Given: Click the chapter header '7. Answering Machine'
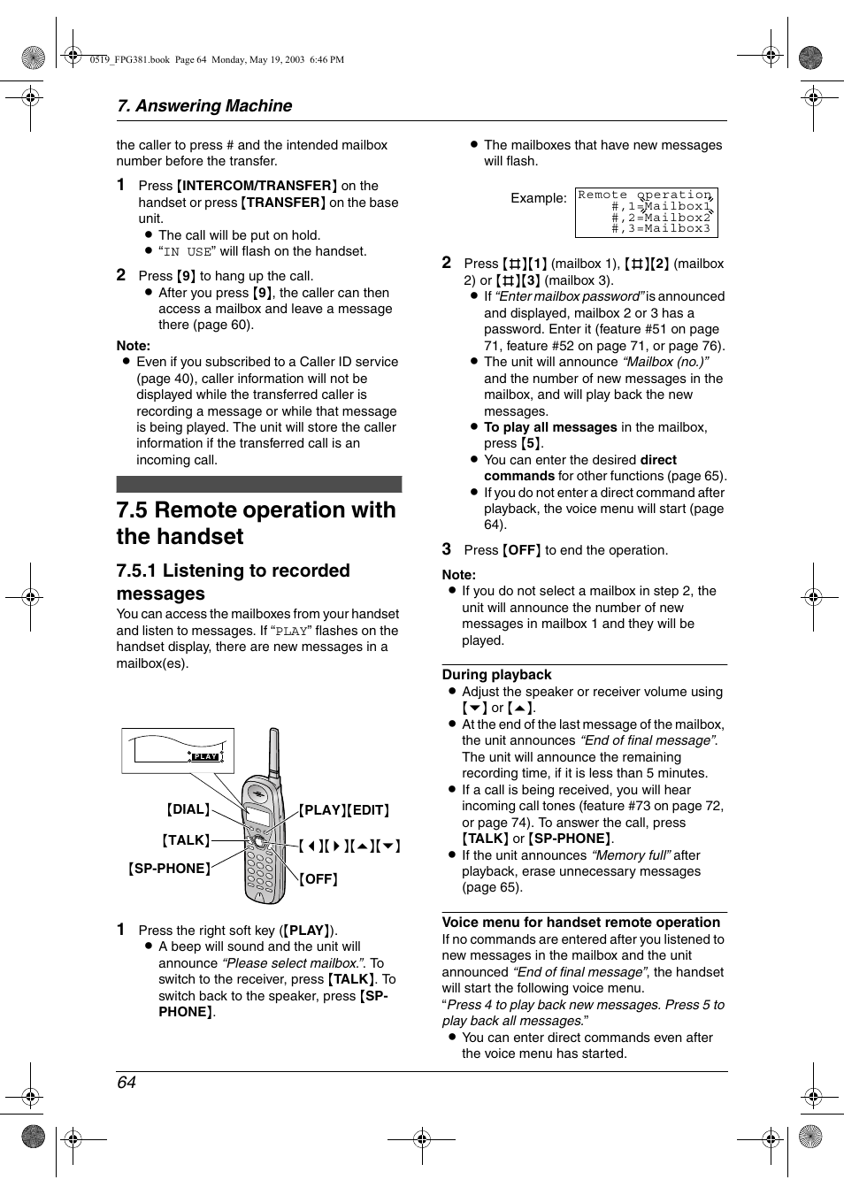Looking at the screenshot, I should pos(204,106).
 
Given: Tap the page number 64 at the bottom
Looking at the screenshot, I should pos(127,1083).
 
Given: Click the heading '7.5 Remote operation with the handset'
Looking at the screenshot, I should pos(256,523).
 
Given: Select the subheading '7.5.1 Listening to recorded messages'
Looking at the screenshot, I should pos(233,582).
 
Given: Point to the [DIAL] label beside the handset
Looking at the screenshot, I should pos(188,809).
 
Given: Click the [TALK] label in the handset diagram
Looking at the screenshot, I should pos(186,840).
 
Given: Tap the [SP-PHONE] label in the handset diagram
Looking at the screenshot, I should pos(170,869).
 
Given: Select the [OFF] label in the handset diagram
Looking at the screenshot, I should pos(318,879).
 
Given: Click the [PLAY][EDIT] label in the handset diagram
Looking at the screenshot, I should pos(344,810).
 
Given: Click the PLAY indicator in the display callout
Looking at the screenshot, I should pos(205,756).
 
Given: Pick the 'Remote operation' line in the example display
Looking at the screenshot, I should pos(644,195).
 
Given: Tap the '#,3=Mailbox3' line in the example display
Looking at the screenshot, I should pos(660,229).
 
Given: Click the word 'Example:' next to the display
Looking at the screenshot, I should pos(538,198).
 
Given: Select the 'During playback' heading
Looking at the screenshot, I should pos(496,675).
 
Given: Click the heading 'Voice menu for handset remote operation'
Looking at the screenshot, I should pos(580,922).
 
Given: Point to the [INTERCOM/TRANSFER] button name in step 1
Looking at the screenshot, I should pos(257,186).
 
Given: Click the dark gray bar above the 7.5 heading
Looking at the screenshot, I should pos(258,484).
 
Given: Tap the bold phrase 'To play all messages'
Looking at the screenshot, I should pos(550,427).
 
